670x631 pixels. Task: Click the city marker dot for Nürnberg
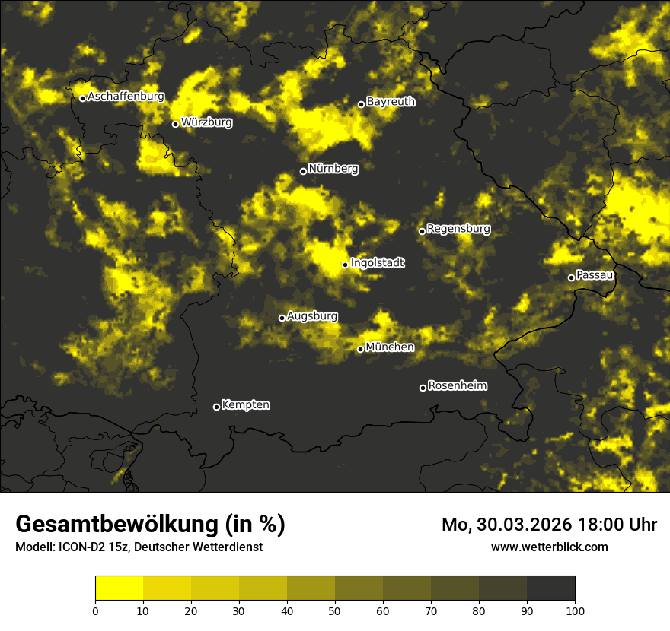pyautogui.click(x=303, y=171)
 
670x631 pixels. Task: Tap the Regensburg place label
pyautogui.click(x=458, y=228)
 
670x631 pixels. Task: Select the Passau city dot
pyautogui.click(x=571, y=277)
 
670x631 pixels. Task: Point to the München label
pyautogui.click(x=390, y=347)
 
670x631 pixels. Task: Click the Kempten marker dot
pyautogui.click(x=216, y=407)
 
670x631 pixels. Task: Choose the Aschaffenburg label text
pyautogui.click(x=126, y=97)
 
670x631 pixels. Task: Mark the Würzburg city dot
pyautogui.click(x=175, y=124)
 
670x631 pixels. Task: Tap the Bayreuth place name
pyautogui.click(x=391, y=101)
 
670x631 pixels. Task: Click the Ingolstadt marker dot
pyautogui.click(x=345, y=265)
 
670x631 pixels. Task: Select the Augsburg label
pyautogui.click(x=312, y=315)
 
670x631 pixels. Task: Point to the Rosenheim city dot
pyautogui.click(x=423, y=388)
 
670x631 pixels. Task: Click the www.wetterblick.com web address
pyautogui.click(x=549, y=547)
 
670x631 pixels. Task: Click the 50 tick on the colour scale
pyautogui.click(x=335, y=610)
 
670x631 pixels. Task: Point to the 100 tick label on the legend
pyautogui.click(x=574, y=610)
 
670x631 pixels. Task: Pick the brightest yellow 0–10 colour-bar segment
pyautogui.click(x=120, y=588)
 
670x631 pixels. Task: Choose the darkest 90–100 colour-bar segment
pyautogui.click(x=550, y=588)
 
